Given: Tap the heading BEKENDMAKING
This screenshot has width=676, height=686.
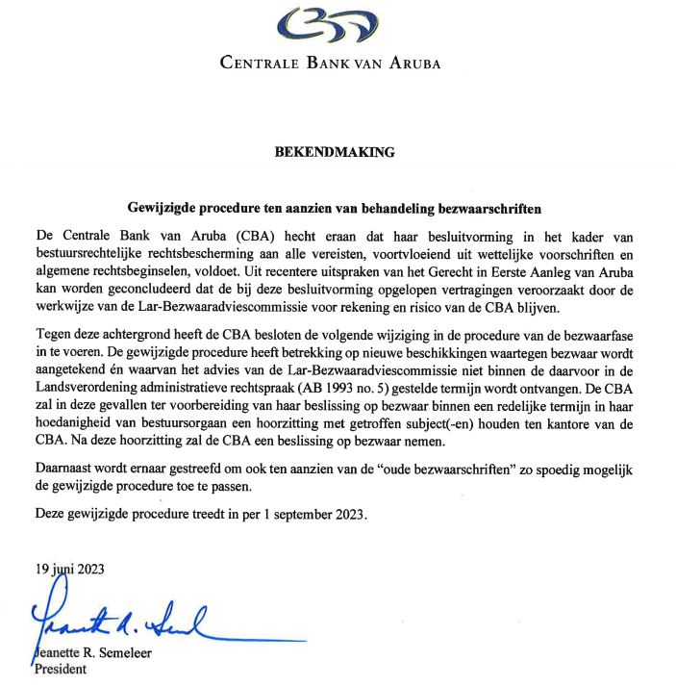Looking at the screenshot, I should tap(335, 152).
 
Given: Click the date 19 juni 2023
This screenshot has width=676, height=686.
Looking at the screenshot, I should tap(69, 569).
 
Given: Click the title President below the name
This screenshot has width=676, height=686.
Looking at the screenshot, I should tap(61, 670).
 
